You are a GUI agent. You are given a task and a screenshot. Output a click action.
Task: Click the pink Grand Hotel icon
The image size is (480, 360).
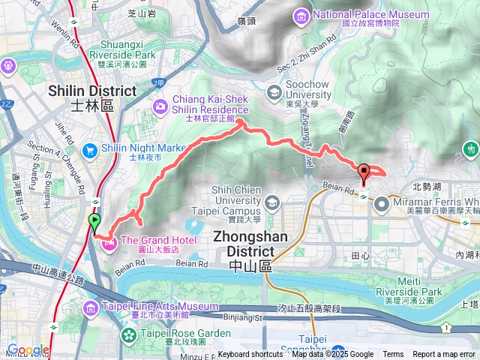[109, 243]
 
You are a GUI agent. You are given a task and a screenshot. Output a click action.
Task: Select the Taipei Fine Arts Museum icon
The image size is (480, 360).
[90, 307]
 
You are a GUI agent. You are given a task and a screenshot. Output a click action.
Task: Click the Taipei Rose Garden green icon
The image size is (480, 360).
[126, 333]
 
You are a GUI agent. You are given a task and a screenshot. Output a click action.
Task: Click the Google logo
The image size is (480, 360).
[28, 350]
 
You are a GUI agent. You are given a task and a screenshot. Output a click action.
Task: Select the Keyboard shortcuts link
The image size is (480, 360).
[250, 355]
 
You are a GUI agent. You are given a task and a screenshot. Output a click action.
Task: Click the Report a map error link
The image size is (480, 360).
[444, 355]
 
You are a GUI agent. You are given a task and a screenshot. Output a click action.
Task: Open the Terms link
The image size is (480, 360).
[393, 355]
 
